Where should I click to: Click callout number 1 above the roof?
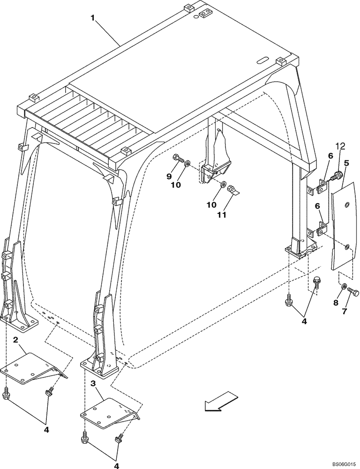(93, 18)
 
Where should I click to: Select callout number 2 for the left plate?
(15, 339)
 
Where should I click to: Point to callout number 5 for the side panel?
(346, 164)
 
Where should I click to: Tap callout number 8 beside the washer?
(336, 303)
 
